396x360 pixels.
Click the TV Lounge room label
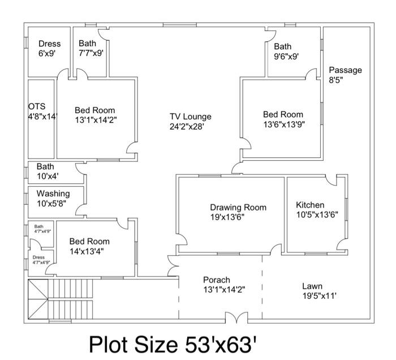tap(190, 117)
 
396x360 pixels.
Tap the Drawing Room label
tap(238, 207)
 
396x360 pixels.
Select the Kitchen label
tap(311, 205)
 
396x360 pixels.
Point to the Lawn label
tap(312, 286)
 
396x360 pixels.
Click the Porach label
tap(217, 280)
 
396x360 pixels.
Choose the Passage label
tap(346, 70)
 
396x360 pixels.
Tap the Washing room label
tap(53, 194)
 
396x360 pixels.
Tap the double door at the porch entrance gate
tap(235, 318)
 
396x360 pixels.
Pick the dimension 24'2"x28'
tap(190, 127)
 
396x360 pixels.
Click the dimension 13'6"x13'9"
tap(284, 125)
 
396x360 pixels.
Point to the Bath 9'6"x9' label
tap(286, 52)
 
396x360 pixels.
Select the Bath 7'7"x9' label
tap(91, 48)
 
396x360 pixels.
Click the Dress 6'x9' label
tap(49, 48)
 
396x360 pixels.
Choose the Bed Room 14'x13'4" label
tap(89, 246)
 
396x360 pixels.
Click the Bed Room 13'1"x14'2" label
tap(96, 115)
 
